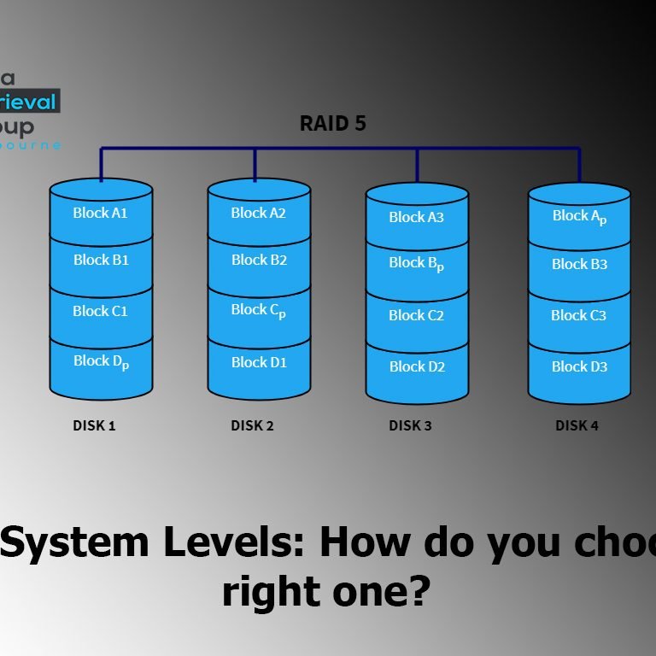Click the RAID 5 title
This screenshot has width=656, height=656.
coord(332,124)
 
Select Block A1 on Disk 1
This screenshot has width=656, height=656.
coord(100,213)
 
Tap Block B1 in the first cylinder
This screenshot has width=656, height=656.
coord(101,260)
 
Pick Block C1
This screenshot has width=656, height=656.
coord(100,311)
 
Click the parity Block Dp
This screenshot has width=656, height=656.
coord(101,361)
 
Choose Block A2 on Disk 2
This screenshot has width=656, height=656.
coord(258,213)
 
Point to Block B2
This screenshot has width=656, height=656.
coord(259,260)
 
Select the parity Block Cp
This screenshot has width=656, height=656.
coord(258,311)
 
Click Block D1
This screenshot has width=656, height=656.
coord(259,362)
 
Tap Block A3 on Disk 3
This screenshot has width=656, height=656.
coord(416,217)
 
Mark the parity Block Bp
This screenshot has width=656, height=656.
coord(416,264)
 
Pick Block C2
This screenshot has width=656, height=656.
coord(416,315)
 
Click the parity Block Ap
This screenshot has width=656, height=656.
coord(579,217)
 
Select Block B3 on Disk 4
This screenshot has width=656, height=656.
coord(579,264)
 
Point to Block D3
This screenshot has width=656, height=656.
coord(579,366)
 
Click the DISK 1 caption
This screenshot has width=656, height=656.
coord(94,425)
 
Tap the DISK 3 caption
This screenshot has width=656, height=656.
coord(410,425)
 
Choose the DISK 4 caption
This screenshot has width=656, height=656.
coord(577,425)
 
